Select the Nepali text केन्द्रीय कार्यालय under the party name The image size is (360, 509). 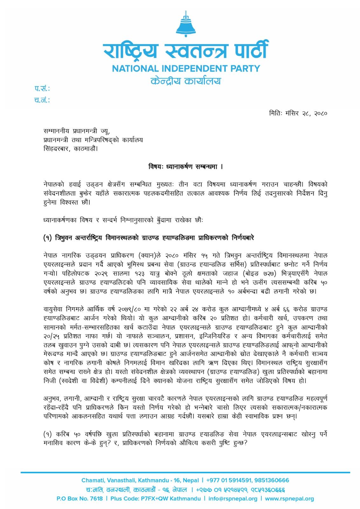pyautogui.click(x=186, y=81)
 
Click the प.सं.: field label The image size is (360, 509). pyautogui.click(x=42, y=88)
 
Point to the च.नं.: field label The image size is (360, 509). pyautogui.click(x=42, y=100)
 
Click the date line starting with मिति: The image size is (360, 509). pyautogui.click(x=298, y=113)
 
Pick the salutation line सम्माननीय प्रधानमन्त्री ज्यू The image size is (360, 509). pyautogui.click(x=77, y=131)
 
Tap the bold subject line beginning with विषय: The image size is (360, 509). pyautogui.click(x=185, y=166)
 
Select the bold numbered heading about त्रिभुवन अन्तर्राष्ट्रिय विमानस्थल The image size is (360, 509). pyautogui.click(x=149, y=238)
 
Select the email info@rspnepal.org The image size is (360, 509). pyautogui.click(x=233, y=499)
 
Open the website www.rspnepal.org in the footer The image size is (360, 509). pyautogui.click(x=289, y=499)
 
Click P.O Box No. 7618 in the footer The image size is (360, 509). pyautogui.click(x=80, y=499)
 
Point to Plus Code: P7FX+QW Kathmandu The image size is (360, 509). pyautogui.click(x=156, y=499)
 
